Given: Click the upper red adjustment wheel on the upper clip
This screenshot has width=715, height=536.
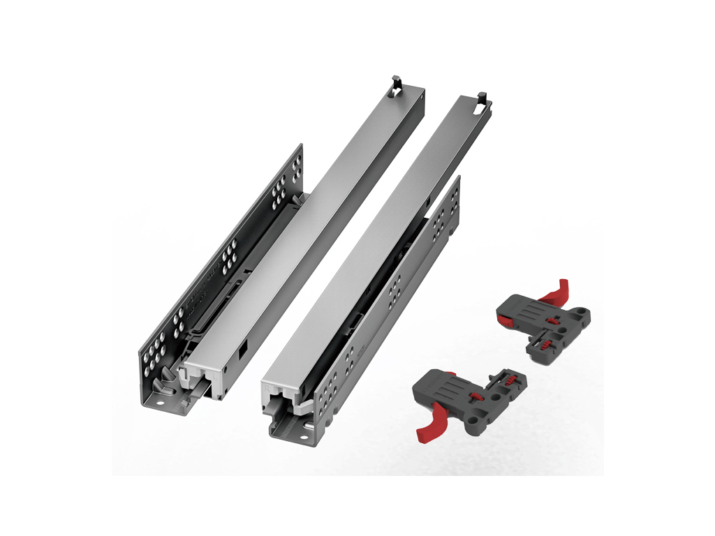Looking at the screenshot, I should [x=553, y=321].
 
